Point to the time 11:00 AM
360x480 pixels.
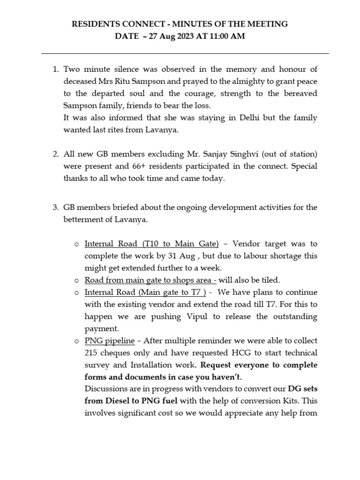(x=228, y=37)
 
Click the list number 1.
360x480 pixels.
(x=54, y=69)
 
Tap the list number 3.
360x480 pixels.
(x=54, y=208)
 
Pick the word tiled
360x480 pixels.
(x=269, y=280)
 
